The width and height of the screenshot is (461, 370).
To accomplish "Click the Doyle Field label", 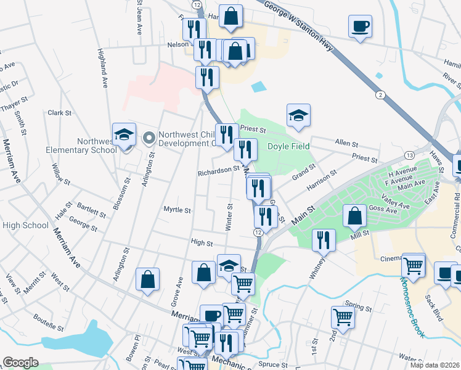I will pos(288,146).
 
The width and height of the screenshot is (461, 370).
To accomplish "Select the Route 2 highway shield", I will pos(381,94).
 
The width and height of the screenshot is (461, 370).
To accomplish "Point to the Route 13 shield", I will pos(409,155).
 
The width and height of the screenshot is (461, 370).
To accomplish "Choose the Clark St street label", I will pos(60,113).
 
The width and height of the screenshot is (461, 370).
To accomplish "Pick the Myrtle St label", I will pos(177,210).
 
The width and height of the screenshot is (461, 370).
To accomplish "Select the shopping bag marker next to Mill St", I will pos(354,216).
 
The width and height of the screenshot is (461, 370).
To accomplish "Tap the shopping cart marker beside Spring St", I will pos(342,318).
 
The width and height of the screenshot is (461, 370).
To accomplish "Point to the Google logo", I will pos(20,363).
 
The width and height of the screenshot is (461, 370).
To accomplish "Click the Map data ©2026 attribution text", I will pos(434,365).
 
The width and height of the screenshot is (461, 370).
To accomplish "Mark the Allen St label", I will pos(346,143).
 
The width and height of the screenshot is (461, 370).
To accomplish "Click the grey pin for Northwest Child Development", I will pos(148,138).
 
